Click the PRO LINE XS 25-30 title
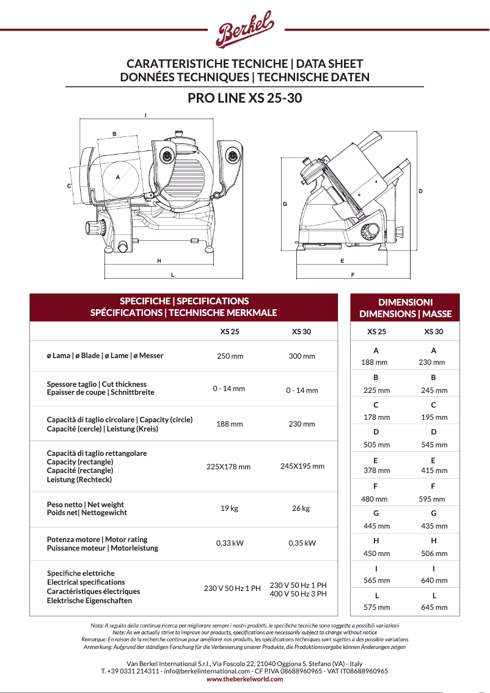pyautogui.click(x=244, y=98)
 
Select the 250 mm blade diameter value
pyautogui.click(x=230, y=356)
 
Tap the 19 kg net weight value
pyautogui.click(x=229, y=508)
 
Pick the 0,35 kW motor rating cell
pyautogui.click(x=302, y=543)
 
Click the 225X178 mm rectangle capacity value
pyautogui.click(x=229, y=467)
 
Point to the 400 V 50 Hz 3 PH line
pyautogui.click(x=298, y=593)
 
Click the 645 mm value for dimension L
pyautogui.click(x=434, y=607)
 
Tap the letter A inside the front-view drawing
pyautogui.click(x=117, y=177)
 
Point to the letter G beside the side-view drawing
pyautogui.click(x=285, y=204)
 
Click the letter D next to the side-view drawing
pyautogui.click(x=420, y=191)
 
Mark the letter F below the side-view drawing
pyautogui.click(x=353, y=275)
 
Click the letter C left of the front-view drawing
pyautogui.click(x=69, y=186)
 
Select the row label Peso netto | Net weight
pyautogui.click(x=86, y=505)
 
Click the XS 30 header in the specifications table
pyautogui.click(x=301, y=332)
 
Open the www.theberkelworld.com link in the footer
pyautogui.click(x=244, y=679)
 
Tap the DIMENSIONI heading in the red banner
pyautogui.click(x=405, y=302)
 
